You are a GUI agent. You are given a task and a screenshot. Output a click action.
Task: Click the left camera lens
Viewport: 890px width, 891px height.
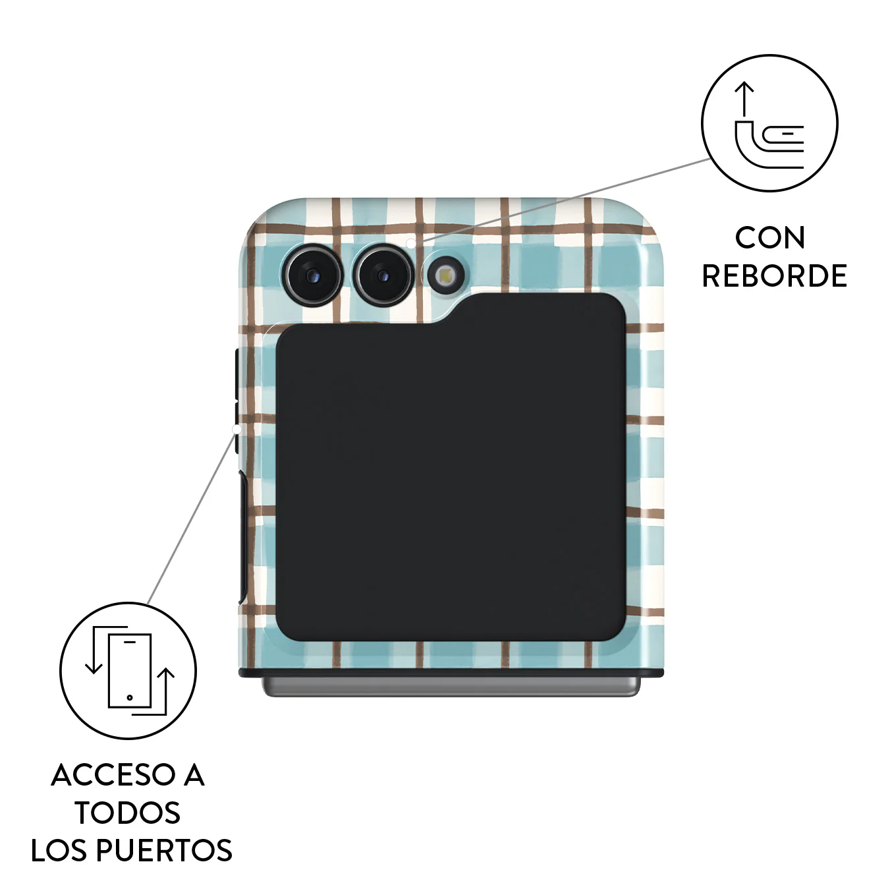(313, 275)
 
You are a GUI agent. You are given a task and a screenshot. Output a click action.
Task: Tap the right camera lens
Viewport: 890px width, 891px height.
(383, 275)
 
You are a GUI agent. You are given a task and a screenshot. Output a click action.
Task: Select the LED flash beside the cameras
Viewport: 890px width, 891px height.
(446, 276)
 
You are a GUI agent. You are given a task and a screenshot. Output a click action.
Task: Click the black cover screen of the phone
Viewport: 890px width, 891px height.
(451, 467)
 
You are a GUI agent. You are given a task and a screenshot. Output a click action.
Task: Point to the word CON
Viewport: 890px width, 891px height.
(770, 238)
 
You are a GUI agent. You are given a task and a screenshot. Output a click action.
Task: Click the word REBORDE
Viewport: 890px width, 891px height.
(775, 276)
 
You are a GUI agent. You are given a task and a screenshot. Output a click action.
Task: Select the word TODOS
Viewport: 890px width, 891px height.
(128, 813)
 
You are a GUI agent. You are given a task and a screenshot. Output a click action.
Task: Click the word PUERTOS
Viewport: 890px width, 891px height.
(165, 851)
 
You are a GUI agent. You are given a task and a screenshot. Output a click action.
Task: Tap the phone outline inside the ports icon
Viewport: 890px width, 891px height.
(130, 671)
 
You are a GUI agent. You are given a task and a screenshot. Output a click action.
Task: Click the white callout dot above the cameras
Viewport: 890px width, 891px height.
(410, 243)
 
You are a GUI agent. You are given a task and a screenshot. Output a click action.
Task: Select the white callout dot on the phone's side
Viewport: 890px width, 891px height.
(236, 430)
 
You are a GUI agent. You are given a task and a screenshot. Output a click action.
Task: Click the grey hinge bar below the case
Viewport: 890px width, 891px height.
(451, 687)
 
